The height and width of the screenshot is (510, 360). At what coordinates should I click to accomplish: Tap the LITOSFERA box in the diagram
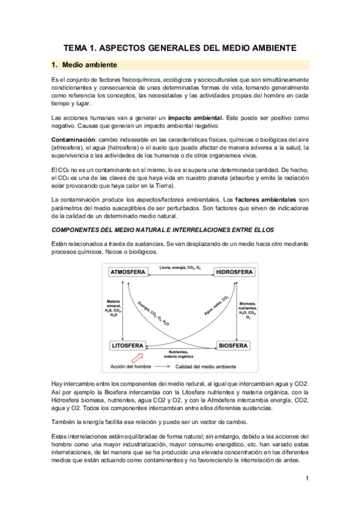[x=129, y=346]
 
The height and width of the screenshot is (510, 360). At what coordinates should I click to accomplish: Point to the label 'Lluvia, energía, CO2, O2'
[x=179, y=266]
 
